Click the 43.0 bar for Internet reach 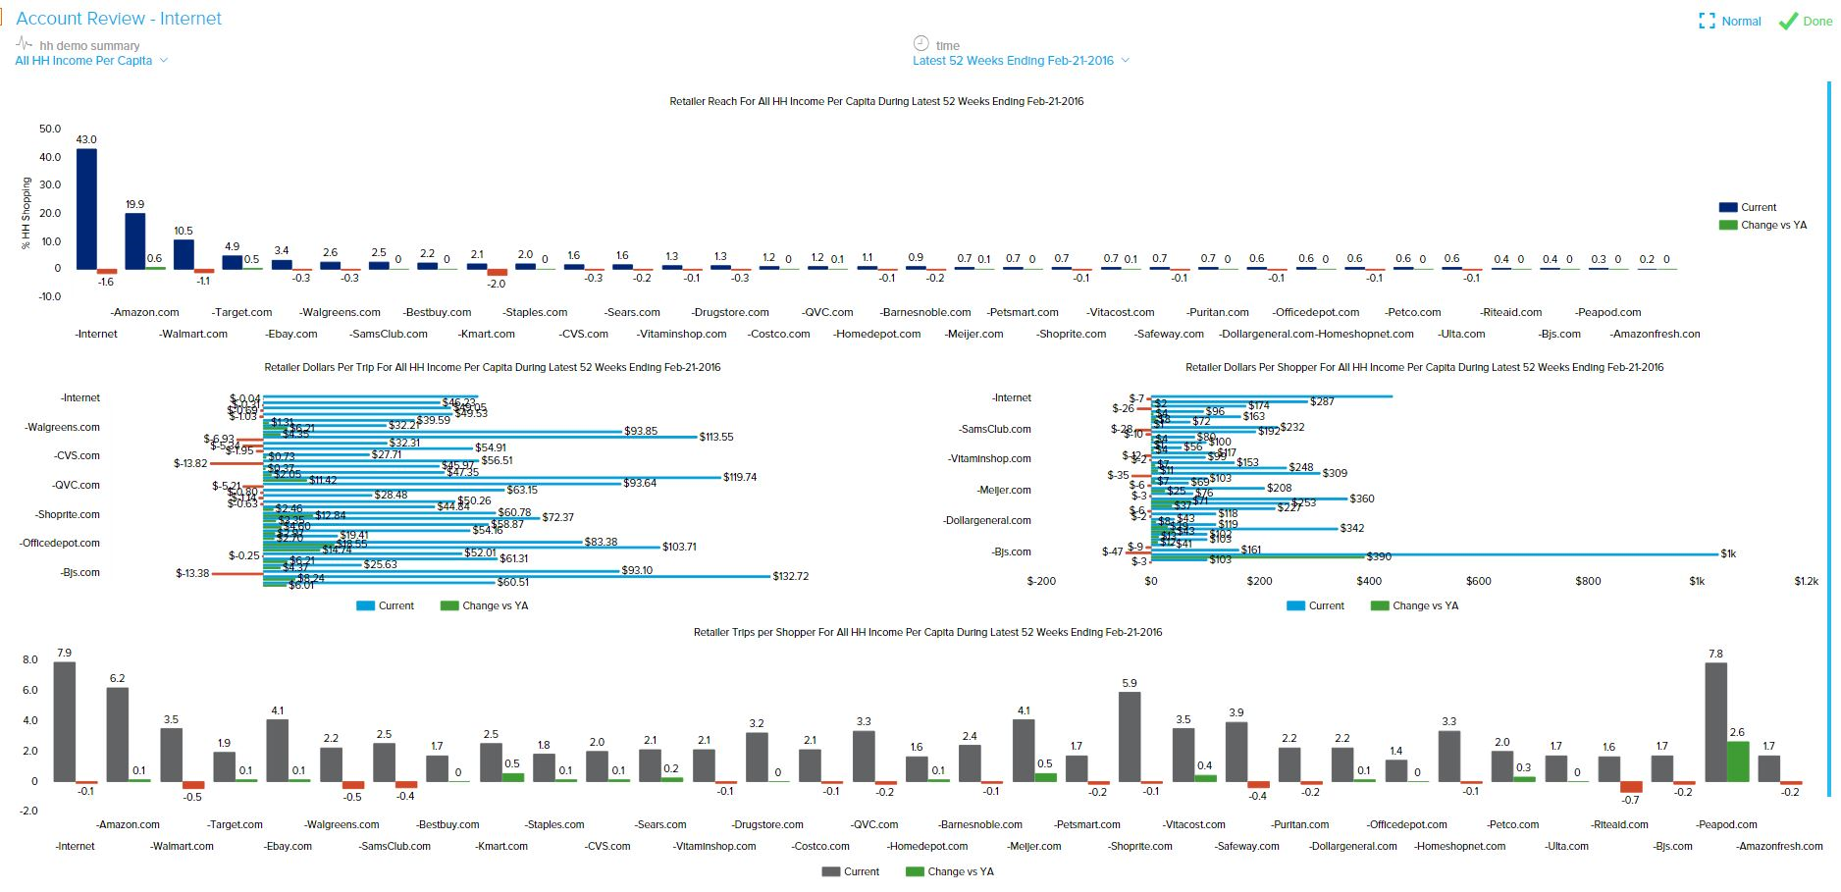[x=86, y=208]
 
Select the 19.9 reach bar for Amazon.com [x=134, y=241]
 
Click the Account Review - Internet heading [x=119, y=19]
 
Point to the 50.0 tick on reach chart [x=50, y=129]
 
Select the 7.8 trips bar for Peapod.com [x=1715, y=721]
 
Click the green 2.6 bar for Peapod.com [x=1737, y=761]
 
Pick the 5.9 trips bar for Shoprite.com [x=1129, y=736]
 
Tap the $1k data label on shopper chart [x=1728, y=554]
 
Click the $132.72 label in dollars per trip [x=790, y=576]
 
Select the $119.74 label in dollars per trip [x=741, y=478]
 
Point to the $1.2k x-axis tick [x=1806, y=581]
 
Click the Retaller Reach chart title [x=875, y=101]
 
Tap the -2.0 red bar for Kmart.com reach [x=498, y=272]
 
